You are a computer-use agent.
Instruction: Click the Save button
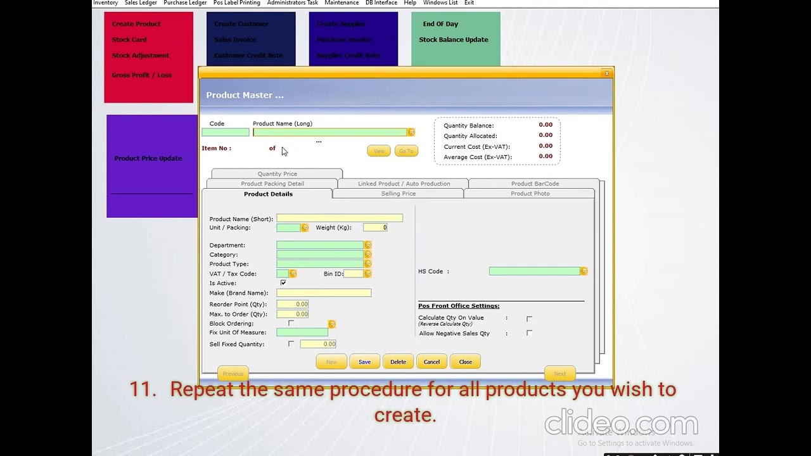[364, 362]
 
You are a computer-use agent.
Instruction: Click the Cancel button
[431, 362]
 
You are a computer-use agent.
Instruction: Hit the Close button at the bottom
[466, 362]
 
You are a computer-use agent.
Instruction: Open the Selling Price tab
[399, 194]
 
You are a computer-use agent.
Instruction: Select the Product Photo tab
[530, 194]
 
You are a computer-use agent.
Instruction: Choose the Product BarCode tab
[535, 184]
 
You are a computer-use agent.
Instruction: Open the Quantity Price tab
[277, 174]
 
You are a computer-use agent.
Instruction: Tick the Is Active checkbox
[283, 283]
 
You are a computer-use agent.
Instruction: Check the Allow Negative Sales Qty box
[529, 333]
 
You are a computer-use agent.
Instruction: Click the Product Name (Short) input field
[339, 218]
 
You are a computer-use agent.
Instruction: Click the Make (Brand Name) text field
[323, 293]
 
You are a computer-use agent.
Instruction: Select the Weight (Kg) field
[375, 227]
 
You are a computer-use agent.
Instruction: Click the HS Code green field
[534, 271]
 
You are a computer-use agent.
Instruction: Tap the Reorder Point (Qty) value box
[293, 305]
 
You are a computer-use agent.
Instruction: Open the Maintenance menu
[342, 3]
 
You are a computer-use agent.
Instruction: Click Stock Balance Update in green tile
[454, 40]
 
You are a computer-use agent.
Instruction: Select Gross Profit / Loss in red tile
[142, 75]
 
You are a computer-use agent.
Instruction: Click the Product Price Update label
[148, 158]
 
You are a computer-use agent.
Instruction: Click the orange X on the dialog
[606, 73]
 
